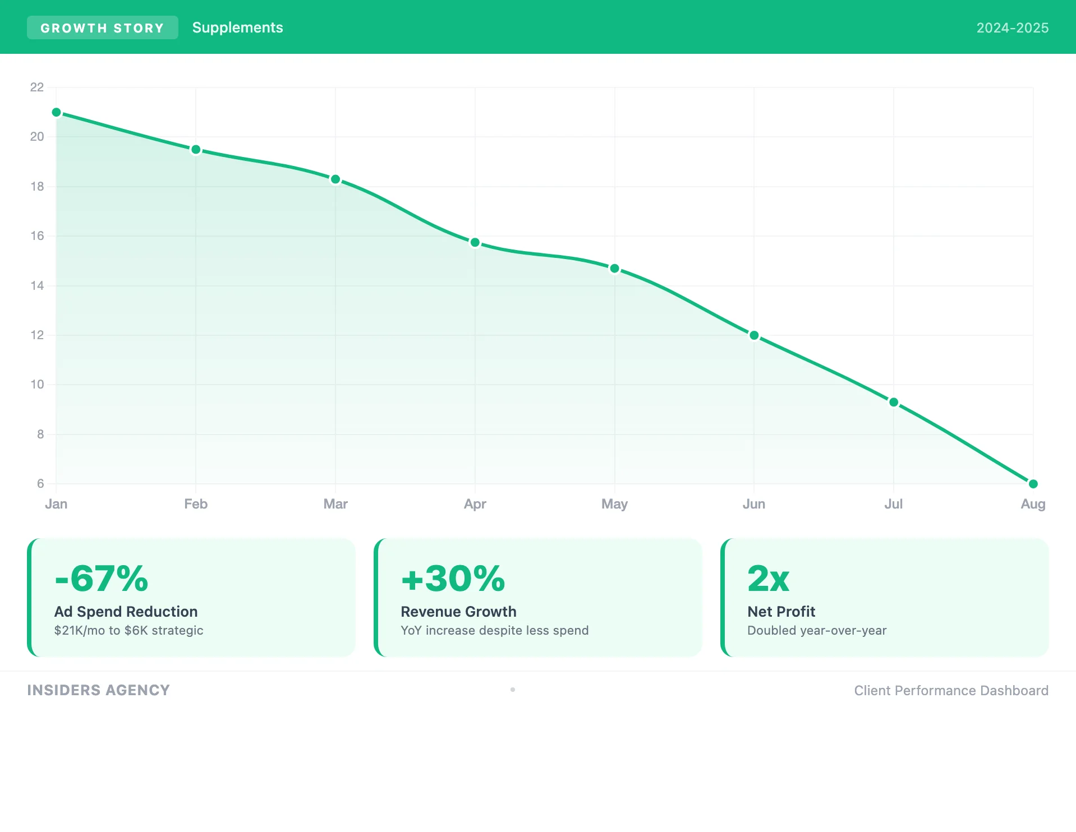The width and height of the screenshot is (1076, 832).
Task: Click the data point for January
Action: tap(56, 113)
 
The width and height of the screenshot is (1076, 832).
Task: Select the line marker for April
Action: tap(475, 243)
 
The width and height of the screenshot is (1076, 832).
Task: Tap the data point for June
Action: tap(754, 335)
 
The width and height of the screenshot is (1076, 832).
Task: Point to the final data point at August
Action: tap(1033, 483)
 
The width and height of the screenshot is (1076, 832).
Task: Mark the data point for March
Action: tap(335, 179)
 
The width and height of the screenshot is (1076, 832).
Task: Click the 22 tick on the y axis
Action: tap(37, 87)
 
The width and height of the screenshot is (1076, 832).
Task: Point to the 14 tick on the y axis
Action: tap(37, 286)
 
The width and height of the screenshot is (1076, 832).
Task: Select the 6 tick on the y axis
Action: tap(40, 484)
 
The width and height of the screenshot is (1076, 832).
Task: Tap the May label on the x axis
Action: tap(614, 504)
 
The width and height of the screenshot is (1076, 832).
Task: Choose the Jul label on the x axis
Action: tap(893, 504)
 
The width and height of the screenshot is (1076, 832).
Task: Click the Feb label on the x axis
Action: tap(196, 504)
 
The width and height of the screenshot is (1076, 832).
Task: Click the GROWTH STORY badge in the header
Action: tap(102, 28)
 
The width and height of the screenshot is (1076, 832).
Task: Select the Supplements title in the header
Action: tap(237, 28)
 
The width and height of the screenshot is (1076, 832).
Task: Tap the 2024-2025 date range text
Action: tap(1012, 28)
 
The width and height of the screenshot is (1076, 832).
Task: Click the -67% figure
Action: tap(102, 579)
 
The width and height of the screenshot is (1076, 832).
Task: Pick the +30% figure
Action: tap(453, 579)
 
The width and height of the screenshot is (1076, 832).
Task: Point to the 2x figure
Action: tap(768, 579)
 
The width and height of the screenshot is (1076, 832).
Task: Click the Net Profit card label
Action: tap(781, 612)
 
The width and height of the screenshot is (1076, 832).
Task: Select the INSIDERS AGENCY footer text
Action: tap(98, 690)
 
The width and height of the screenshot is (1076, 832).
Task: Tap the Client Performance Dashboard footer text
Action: tap(951, 691)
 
